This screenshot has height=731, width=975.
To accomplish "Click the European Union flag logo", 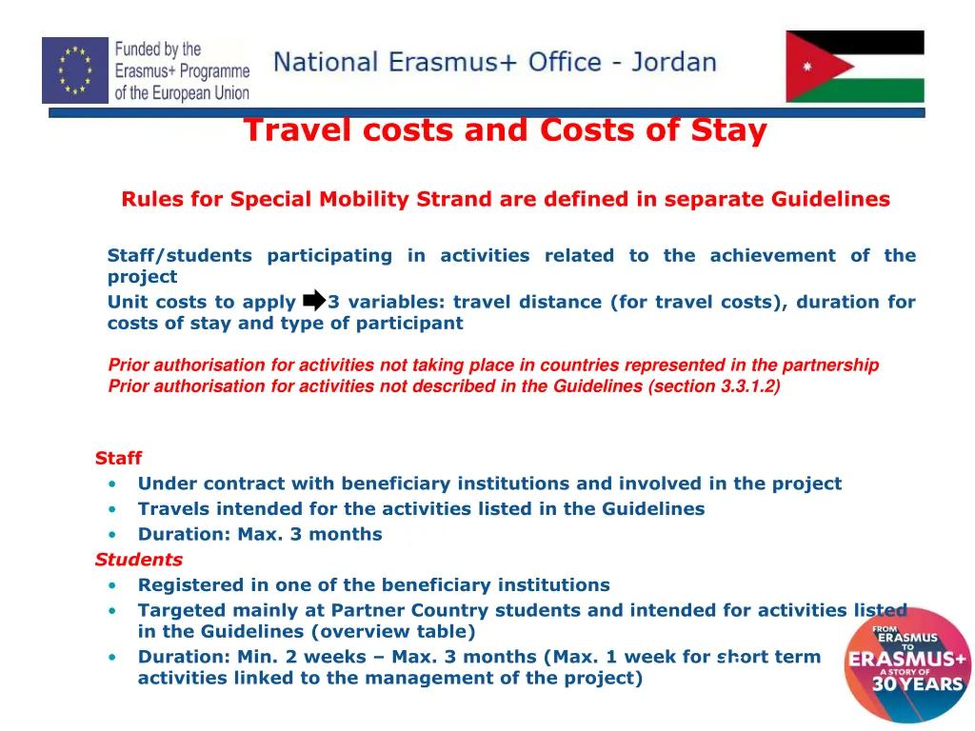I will [x=75, y=69].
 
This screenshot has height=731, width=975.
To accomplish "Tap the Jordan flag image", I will [x=854, y=67].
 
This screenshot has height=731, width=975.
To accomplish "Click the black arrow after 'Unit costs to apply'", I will [x=313, y=302].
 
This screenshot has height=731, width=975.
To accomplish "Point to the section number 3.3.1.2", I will [x=747, y=385].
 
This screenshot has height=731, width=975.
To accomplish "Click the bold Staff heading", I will [x=118, y=458].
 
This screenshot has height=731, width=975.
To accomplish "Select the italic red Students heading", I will [x=138, y=560].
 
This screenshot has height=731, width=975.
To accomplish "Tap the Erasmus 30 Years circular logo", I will [x=906, y=664].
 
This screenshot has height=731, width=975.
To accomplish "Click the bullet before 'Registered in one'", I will [x=113, y=585].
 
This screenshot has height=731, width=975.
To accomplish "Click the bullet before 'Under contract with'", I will [x=113, y=484].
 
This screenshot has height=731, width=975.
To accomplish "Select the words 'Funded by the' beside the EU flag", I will [x=158, y=49].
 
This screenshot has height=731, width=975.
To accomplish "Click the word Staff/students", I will [x=179, y=255].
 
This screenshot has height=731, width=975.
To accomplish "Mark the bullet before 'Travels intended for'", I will [x=113, y=509].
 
